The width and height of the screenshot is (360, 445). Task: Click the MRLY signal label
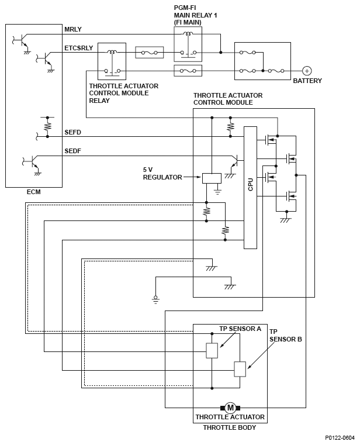pos(72,30)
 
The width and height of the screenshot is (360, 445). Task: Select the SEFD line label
pos(72,133)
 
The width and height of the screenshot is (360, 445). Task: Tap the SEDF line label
pos(72,151)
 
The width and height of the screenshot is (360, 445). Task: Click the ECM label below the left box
pos(33,192)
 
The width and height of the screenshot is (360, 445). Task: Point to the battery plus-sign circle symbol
pos(307,70)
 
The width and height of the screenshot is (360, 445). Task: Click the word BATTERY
pos(307,81)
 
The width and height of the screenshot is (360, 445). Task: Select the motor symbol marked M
pos(230,408)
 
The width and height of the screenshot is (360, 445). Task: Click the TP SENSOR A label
pos(240,329)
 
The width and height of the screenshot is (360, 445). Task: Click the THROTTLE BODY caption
pos(230,427)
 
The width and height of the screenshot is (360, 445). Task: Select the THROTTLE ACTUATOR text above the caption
pos(230,417)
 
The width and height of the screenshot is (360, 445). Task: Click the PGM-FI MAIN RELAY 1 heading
pos(195,15)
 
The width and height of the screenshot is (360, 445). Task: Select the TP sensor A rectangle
pos(212,350)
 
